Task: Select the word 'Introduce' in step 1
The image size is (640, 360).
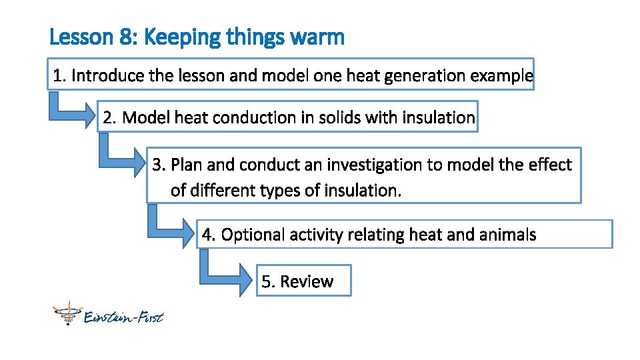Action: [x=107, y=75]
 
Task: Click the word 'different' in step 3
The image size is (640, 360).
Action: [x=219, y=191]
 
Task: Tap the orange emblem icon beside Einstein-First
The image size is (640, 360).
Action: [x=67, y=313]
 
